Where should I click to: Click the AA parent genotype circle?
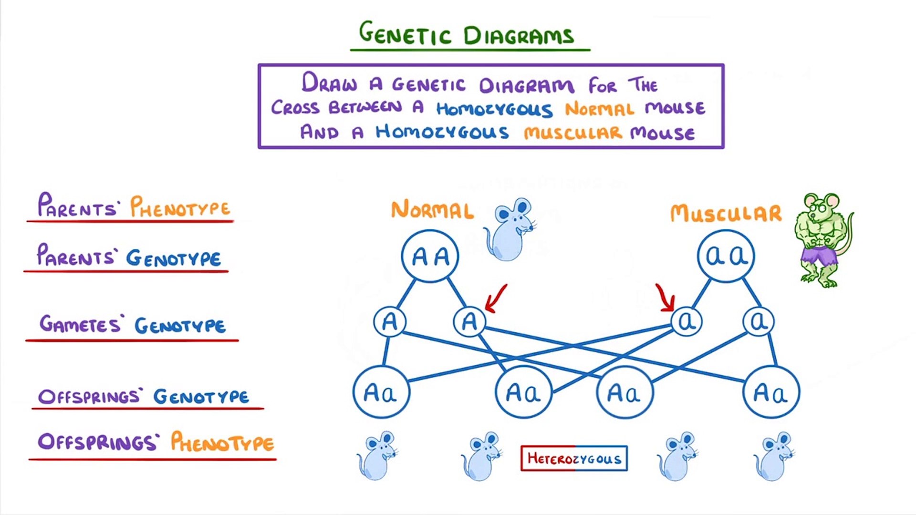tap(430, 257)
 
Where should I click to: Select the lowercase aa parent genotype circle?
tap(726, 256)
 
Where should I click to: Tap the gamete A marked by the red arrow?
tap(469, 321)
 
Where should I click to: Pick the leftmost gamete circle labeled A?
tap(389, 321)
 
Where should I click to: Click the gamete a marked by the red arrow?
tap(686, 321)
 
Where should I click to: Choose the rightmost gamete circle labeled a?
tap(758, 321)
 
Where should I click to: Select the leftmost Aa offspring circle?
tap(381, 392)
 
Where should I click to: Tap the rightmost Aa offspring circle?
tap(771, 392)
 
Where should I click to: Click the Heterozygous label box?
tap(574, 458)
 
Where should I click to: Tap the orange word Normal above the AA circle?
tap(432, 210)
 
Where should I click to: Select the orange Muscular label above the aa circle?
tap(726, 213)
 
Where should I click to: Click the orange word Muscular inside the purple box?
tap(572, 133)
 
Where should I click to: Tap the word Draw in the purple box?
tap(329, 83)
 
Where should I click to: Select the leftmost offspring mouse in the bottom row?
tap(377, 456)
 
